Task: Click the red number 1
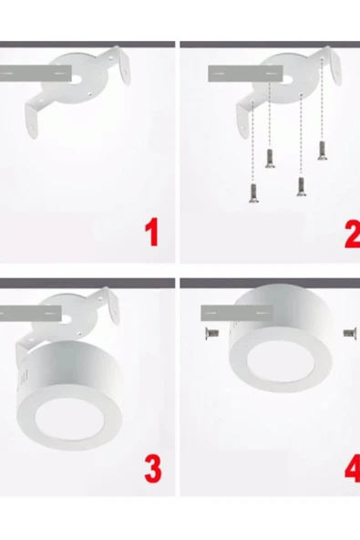pos(152,233)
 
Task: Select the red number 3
pos(152,468)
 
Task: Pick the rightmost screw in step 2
pos(323,151)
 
